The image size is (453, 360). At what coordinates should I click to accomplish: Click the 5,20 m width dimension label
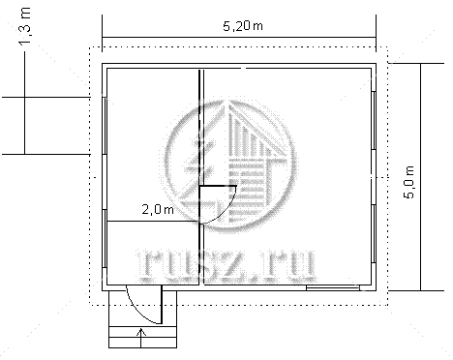click(x=243, y=25)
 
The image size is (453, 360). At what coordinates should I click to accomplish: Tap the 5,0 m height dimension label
click(x=408, y=182)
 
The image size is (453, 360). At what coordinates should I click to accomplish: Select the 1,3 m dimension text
click(x=25, y=26)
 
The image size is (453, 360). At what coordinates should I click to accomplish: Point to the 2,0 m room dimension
click(x=158, y=210)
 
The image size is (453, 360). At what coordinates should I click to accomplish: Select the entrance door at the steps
click(x=144, y=305)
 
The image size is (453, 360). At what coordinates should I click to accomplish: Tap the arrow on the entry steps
click(x=141, y=338)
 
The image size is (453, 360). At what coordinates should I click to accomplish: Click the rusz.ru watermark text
click(x=226, y=265)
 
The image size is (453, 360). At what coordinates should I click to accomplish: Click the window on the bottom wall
click(x=333, y=287)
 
